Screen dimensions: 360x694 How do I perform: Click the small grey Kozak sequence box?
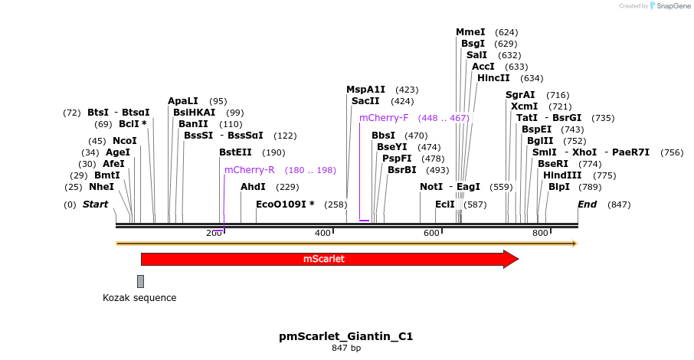[x=140, y=281]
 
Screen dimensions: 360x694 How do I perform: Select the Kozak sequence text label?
[x=139, y=298]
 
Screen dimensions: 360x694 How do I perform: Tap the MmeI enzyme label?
[x=470, y=32]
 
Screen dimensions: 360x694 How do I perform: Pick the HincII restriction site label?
[x=493, y=78]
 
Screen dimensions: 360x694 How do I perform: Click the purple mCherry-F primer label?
[x=384, y=118]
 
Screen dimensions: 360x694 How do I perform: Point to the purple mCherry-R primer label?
[x=249, y=170]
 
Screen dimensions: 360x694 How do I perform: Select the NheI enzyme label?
[x=101, y=187]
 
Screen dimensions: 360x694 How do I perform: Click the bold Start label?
[x=95, y=205]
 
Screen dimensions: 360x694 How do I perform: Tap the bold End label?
[x=587, y=205]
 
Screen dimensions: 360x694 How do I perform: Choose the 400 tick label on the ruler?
[x=322, y=233]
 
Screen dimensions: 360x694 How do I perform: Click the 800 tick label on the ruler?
[x=539, y=233]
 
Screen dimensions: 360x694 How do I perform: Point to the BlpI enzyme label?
[x=558, y=187]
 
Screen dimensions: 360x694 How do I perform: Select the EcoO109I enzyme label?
[x=285, y=205]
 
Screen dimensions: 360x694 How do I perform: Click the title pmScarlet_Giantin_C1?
[x=346, y=336]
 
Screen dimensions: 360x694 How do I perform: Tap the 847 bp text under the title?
[x=346, y=349]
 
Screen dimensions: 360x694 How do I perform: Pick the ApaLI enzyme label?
[x=183, y=101]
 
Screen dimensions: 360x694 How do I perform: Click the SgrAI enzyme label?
[x=520, y=95]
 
